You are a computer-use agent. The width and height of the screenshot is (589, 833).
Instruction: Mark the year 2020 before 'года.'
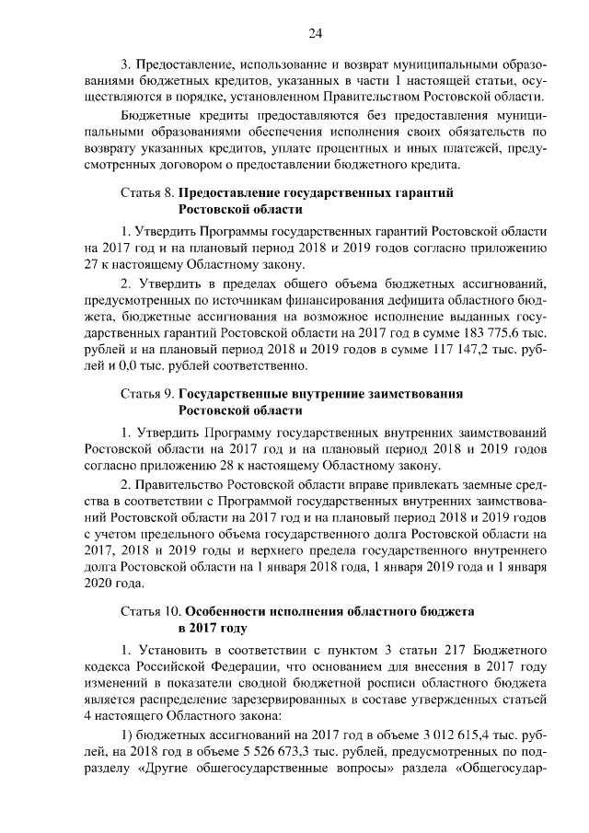pyautogui.click(x=98, y=584)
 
